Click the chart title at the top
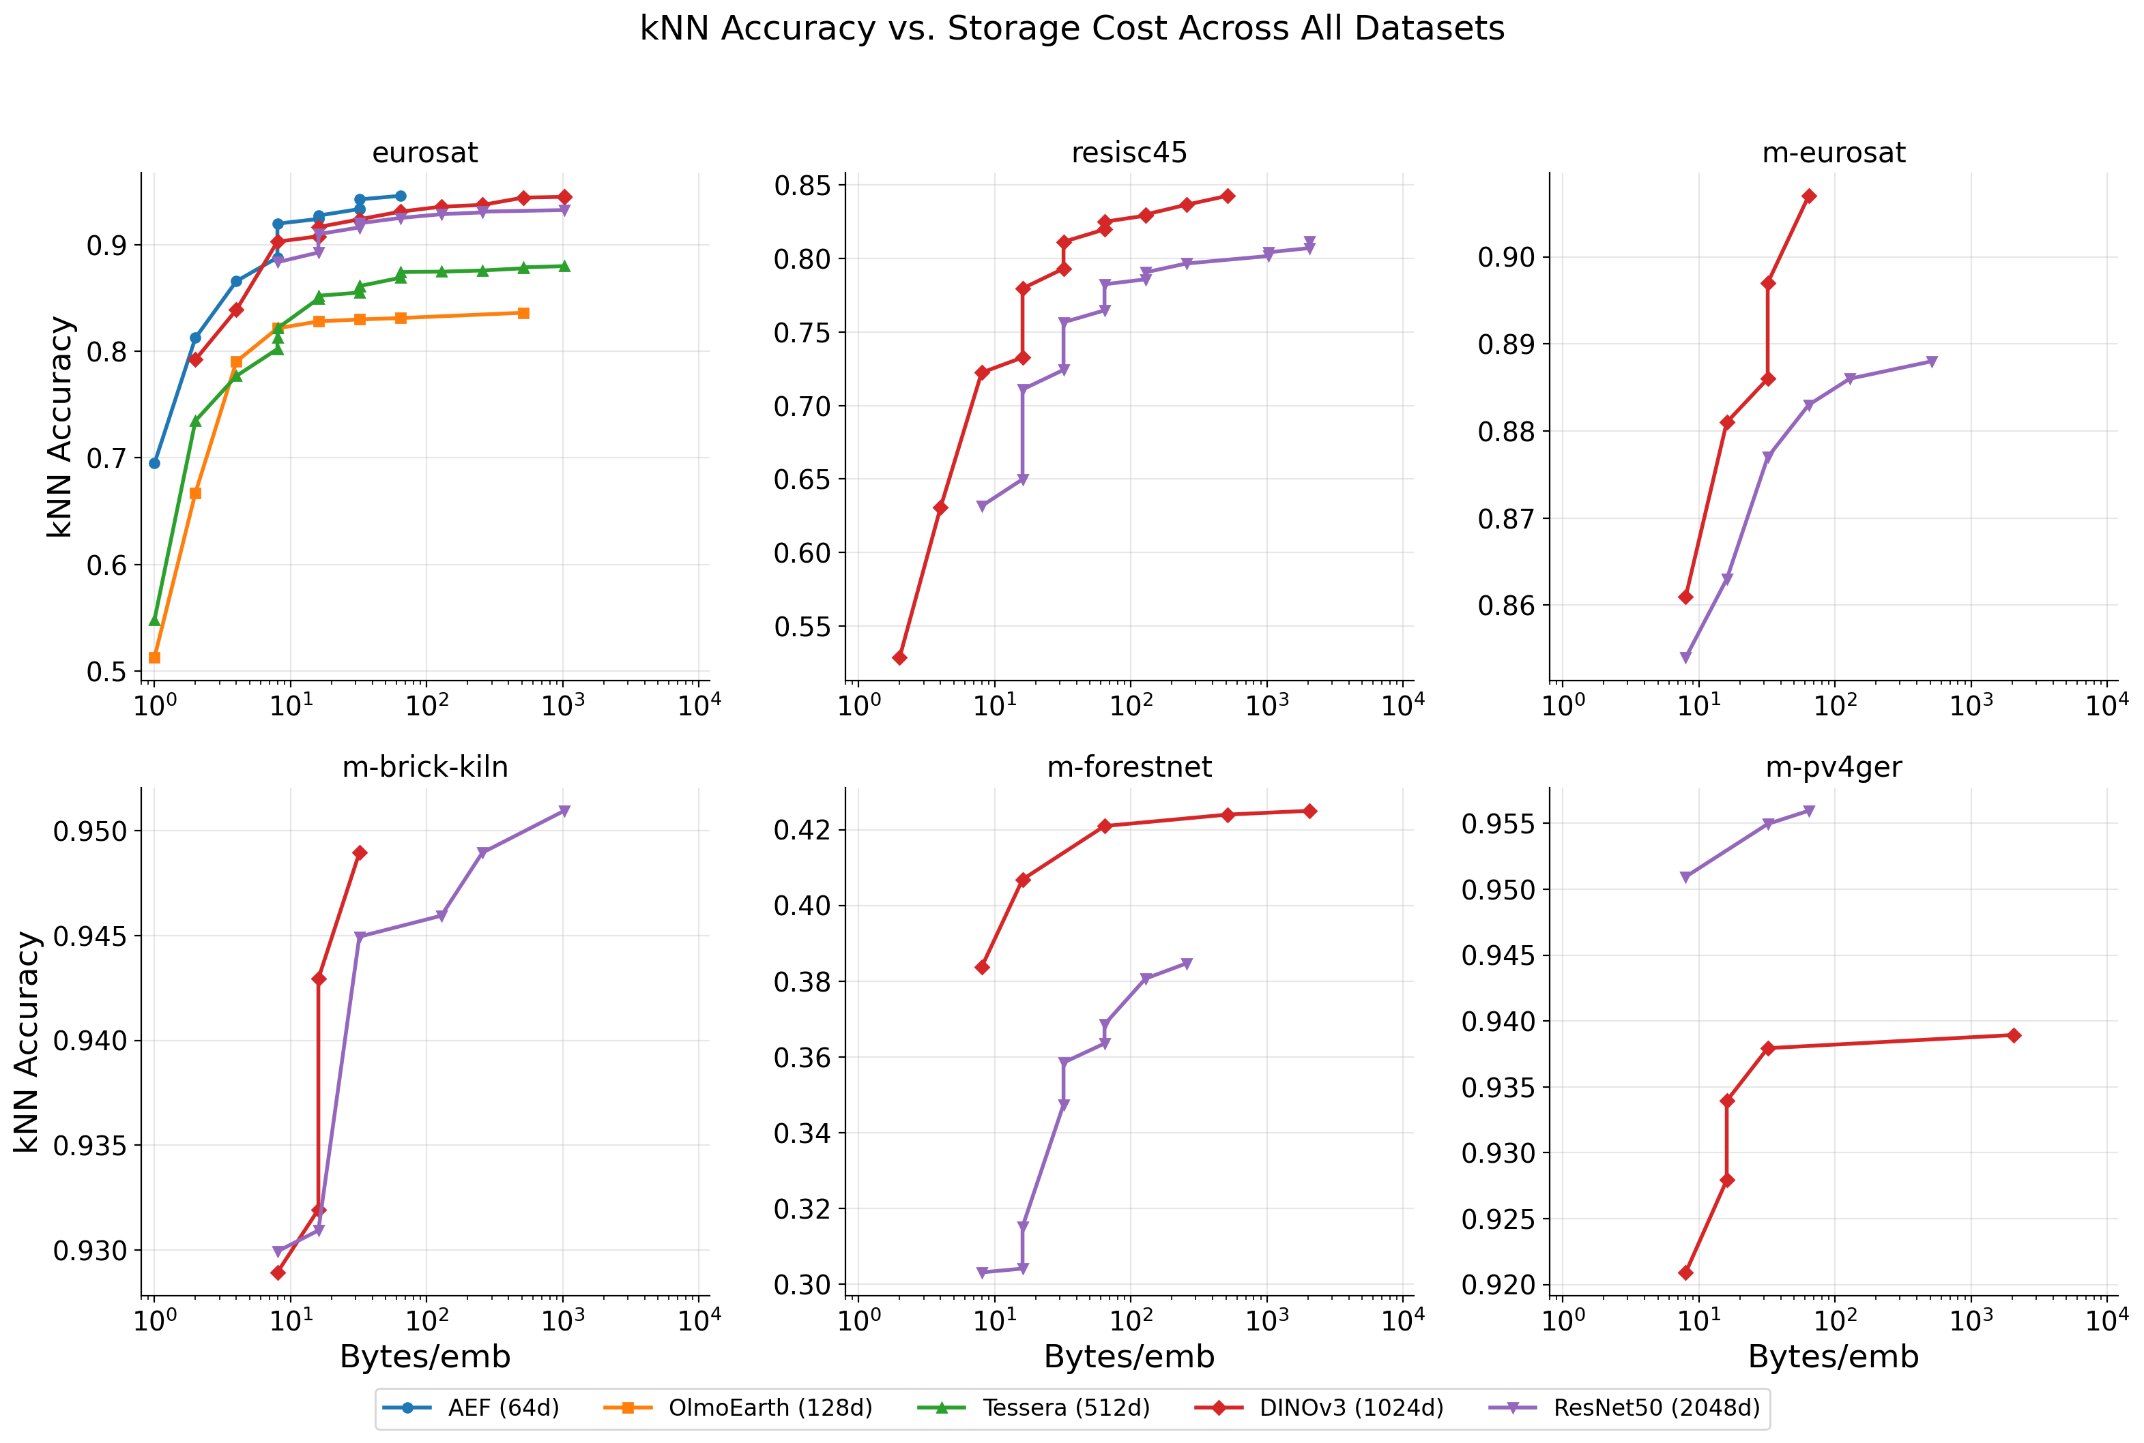pos(1071,29)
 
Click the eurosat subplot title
pos(424,153)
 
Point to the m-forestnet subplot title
pos(1129,767)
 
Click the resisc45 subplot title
pos(1129,153)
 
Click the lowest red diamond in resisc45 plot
pos(899,658)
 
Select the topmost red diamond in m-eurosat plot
pos(1809,196)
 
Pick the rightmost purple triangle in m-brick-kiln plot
pos(564,812)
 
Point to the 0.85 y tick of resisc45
pos(802,186)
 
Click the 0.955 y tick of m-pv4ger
pos(1498,824)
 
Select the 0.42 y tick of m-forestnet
pos(802,830)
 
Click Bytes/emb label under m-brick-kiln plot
pos(424,1356)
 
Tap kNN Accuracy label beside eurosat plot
pos(60,427)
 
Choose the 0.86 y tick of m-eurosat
pos(1506,606)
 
